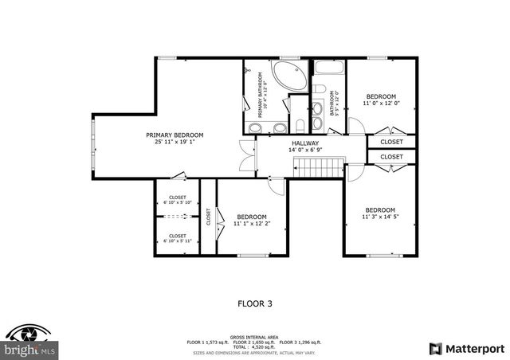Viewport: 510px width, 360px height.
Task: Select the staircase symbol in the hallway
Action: tap(317, 167)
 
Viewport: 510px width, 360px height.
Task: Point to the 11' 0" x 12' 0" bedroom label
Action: tap(380, 100)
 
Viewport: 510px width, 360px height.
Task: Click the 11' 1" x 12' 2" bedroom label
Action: tap(251, 220)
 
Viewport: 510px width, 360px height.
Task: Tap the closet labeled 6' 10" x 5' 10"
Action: tap(177, 200)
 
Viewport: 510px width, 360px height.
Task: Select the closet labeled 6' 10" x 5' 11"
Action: tap(177, 238)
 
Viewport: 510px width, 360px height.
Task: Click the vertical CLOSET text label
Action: tap(208, 217)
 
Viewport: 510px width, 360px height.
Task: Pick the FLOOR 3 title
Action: tap(255, 303)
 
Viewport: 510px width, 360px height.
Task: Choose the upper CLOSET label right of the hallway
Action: tap(391, 142)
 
